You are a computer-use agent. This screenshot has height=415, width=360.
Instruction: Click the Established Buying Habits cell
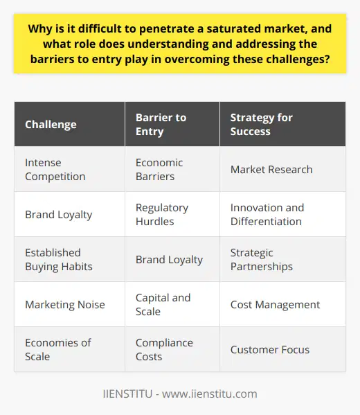pos(58,260)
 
